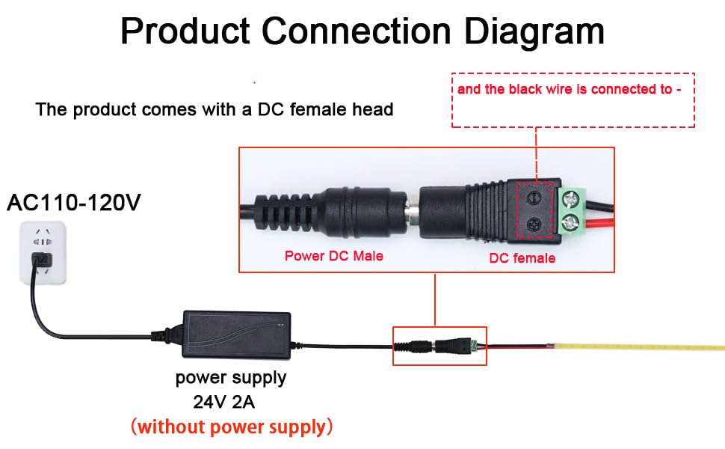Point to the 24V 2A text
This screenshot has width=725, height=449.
click(x=224, y=402)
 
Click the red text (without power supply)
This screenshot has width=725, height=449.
click(x=231, y=427)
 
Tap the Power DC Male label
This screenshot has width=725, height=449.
click(x=333, y=256)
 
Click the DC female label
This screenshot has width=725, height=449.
click(x=522, y=258)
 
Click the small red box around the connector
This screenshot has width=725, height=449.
click(x=439, y=346)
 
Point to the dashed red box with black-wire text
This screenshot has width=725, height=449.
click(x=573, y=100)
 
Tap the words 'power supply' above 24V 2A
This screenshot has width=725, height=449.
click(x=231, y=377)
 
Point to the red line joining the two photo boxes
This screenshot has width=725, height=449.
click(x=435, y=299)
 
